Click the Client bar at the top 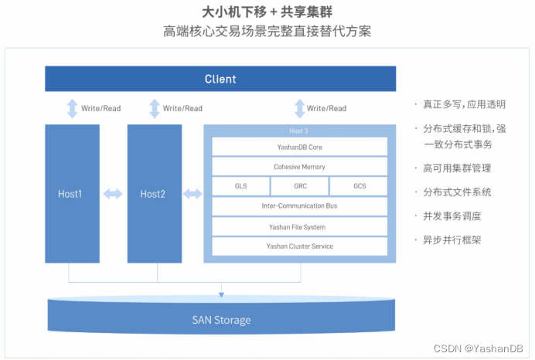[x=220, y=79]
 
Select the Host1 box [x=72, y=194]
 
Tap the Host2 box [x=153, y=194]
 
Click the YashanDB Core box [x=299, y=146]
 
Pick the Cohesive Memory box [x=299, y=166]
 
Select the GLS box [x=240, y=186]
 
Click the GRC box [x=299, y=186]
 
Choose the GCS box [x=359, y=186]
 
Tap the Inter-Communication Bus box [x=299, y=206]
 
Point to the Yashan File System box [x=299, y=227]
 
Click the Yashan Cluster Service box [x=299, y=246]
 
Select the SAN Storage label [x=221, y=320]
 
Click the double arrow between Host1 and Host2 [x=113, y=194]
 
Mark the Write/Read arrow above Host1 [x=72, y=108]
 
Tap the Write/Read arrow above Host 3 [x=298, y=108]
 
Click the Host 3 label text [x=299, y=131]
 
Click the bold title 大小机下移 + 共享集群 [x=267, y=13]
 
